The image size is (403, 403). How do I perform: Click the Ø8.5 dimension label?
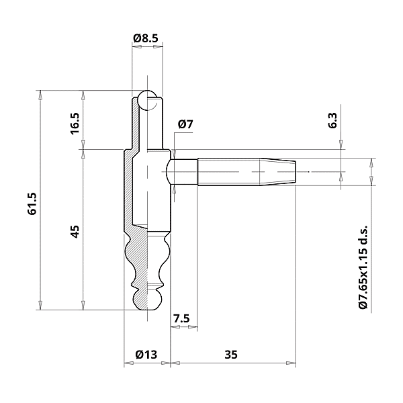146,39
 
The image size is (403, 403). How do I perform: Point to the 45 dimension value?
75,230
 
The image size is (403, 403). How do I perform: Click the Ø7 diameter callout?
185,124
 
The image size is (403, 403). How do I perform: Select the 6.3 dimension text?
332,121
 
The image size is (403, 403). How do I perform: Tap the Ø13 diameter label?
146,354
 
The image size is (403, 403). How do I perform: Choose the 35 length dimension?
232,354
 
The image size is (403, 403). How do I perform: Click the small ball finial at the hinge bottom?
147,300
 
